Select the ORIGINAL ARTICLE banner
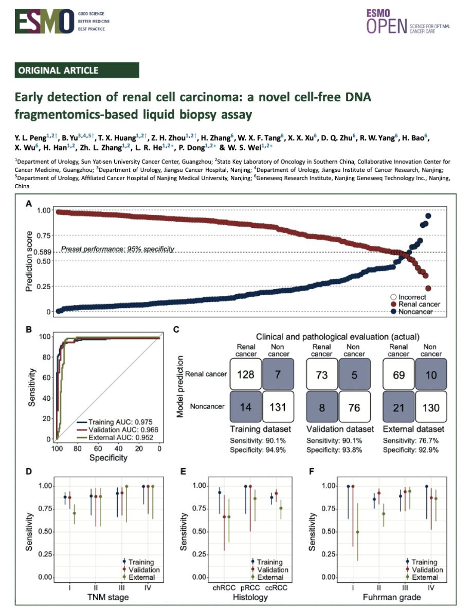coord(77,70)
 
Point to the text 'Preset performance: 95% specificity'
coord(118,249)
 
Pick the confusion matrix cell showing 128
coord(246,374)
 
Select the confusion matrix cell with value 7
coord(278,374)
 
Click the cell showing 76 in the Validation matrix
coord(354,407)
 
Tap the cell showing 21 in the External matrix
coord(400,407)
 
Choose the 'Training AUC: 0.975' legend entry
coord(113,421)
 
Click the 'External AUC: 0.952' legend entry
coord(113,438)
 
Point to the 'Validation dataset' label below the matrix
coord(338,428)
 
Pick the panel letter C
coord(176,331)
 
